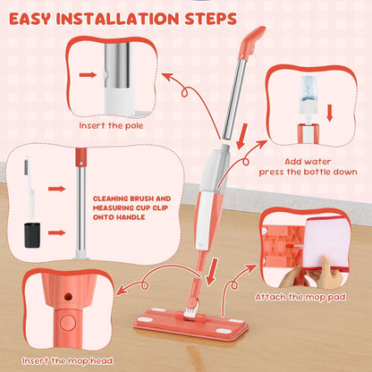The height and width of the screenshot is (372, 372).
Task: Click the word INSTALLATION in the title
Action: [117, 19]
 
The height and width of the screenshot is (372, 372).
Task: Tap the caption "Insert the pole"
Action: [111, 126]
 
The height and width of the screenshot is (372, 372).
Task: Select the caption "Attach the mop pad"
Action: [300, 297]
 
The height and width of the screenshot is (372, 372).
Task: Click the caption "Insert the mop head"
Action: [68, 361]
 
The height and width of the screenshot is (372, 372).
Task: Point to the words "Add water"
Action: [308, 162]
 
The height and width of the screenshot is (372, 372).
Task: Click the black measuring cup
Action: [32, 235]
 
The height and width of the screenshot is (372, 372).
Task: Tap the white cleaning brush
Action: [30, 187]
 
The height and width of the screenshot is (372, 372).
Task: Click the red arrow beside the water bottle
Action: [329, 113]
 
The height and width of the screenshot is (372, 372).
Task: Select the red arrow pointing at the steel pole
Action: [88, 75]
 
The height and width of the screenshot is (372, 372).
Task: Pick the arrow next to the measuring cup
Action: [56, 232]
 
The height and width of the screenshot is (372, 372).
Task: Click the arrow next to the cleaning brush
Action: [56, 189]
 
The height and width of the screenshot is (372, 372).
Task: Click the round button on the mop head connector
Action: [68, 323]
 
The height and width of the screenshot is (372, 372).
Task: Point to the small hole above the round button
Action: [68, 297]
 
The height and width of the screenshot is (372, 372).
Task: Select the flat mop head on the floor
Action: [191, 324]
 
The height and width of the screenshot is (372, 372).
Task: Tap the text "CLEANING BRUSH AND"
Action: [131, 199]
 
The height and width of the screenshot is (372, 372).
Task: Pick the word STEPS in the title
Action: [211, 19]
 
